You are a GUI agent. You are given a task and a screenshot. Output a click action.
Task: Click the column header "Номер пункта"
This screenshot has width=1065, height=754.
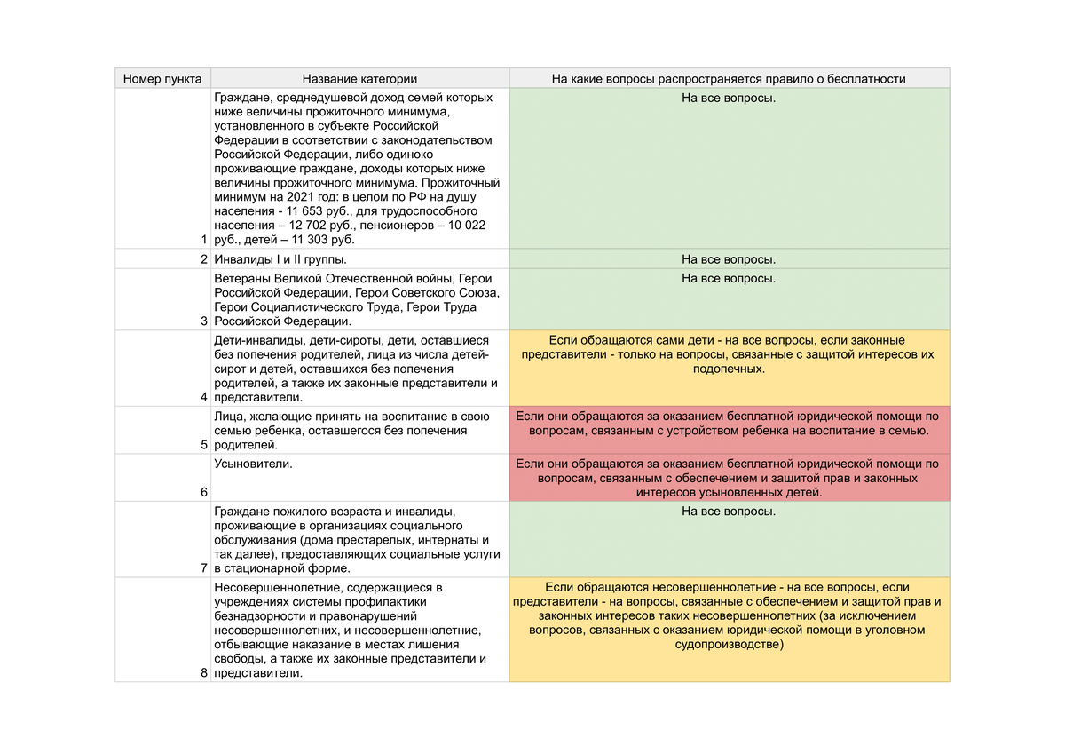point(162,79)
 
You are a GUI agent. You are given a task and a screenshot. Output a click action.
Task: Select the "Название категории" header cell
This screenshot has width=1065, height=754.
point(359,79)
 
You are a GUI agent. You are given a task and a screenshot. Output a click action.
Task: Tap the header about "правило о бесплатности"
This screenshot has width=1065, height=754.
point(729,79)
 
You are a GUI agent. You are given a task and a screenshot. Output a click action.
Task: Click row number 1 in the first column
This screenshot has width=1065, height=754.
point(204,240)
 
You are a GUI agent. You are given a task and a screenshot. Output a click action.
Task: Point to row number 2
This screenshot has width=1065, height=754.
point(204,259)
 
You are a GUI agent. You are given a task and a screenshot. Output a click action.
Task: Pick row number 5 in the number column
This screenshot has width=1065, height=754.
point(204,445)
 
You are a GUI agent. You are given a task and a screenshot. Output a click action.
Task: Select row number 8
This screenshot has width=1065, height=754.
point(204,673)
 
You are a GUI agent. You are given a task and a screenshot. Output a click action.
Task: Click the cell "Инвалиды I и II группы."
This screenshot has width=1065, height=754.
point(280,259)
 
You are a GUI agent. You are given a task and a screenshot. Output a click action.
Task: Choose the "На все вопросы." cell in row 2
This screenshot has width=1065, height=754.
point(729,259)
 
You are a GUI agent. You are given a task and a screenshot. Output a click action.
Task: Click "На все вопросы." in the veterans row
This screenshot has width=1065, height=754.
point(729,278)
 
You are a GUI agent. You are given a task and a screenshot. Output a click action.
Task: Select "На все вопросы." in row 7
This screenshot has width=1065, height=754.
point(729,512)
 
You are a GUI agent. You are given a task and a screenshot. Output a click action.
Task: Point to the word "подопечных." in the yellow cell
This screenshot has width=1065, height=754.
point(729,369)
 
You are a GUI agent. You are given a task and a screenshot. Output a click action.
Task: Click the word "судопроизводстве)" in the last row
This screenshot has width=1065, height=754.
point(729,645)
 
